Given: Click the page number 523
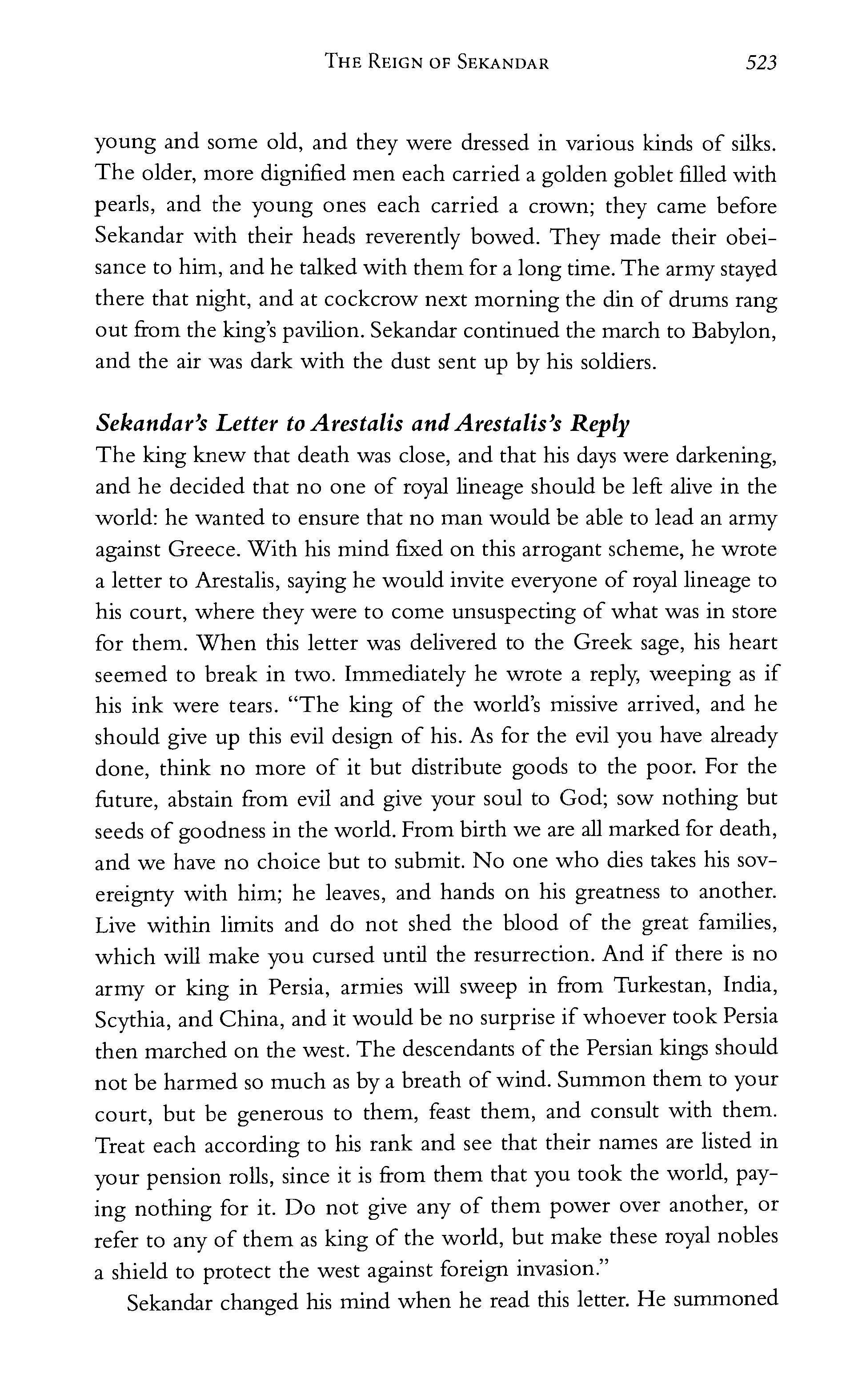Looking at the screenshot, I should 760,62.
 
